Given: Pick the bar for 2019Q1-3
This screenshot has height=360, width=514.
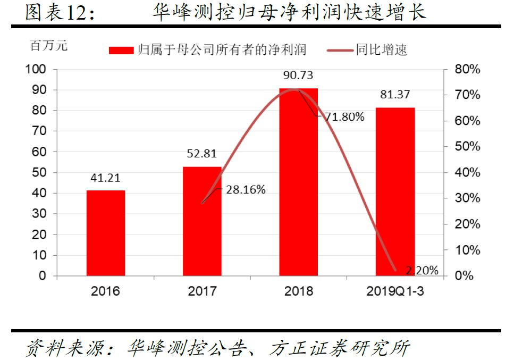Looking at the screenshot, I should tap(395, 191).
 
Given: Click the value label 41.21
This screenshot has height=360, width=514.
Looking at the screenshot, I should tap(106, 178).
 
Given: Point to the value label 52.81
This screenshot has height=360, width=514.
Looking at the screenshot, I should tap(202, 154).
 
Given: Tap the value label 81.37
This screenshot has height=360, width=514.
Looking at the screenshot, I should tap(395, 95).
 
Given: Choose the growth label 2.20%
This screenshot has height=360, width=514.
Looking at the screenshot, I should tap(422, 271).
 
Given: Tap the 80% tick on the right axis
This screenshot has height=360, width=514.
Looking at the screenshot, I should tap(467, 69).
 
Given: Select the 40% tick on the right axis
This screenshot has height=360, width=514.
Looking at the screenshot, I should tap(467, 172).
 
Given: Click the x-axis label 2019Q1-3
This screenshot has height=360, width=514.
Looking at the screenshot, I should tap(395, 291).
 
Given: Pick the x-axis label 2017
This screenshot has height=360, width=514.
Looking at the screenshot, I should tap(202, 291).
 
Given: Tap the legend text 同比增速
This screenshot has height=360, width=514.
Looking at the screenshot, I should tap(381, 51).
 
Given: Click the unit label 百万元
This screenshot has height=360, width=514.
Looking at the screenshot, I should tap(49, 46).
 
